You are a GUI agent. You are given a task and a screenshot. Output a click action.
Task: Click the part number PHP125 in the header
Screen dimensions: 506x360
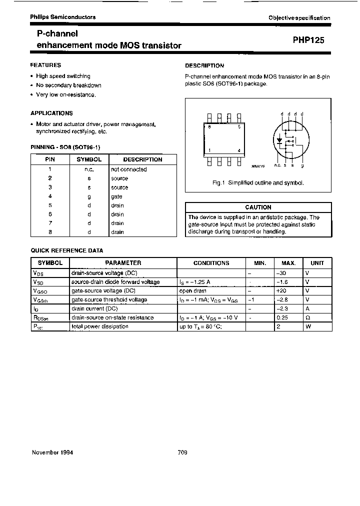(x=308, y=41)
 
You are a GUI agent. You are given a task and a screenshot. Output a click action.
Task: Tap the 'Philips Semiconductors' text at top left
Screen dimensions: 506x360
(x=62, y=17)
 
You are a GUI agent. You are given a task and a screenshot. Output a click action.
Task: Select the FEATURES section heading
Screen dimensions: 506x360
(x=45, y=65)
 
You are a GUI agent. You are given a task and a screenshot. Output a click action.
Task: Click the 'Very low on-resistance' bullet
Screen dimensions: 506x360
(x=65, y=94)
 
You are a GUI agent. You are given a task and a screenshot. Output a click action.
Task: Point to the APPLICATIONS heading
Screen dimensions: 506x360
(x=51, y=113)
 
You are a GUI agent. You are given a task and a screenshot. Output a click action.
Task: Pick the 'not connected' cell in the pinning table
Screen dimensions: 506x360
(x=128, y=169)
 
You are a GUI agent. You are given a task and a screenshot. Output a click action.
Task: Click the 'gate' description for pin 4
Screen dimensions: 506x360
(x=116, y=196)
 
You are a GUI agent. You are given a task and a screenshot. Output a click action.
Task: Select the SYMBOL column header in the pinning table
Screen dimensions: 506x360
(x=89, y=159)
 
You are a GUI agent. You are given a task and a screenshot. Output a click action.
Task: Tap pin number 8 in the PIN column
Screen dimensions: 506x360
(x=50, y=232)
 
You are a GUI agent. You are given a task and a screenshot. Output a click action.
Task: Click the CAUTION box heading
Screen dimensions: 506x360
(x=258, y=207)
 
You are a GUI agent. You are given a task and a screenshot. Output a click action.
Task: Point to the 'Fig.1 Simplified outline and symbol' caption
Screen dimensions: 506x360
(x=258, y=183)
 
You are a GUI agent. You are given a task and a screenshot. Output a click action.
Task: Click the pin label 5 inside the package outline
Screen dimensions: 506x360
(x=239, y=127)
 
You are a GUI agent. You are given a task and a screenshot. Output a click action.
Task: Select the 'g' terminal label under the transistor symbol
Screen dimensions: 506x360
(x=302, y=165)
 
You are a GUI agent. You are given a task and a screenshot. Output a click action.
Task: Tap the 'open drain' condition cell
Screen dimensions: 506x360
(x=193, y=291)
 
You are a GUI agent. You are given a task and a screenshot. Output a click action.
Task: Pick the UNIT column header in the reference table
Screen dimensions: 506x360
(x=317, y=263)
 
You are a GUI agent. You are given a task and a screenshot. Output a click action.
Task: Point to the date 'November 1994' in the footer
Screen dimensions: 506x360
(x=52, y=452)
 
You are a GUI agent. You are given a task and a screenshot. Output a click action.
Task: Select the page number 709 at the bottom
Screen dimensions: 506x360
(x=182, y=452)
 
